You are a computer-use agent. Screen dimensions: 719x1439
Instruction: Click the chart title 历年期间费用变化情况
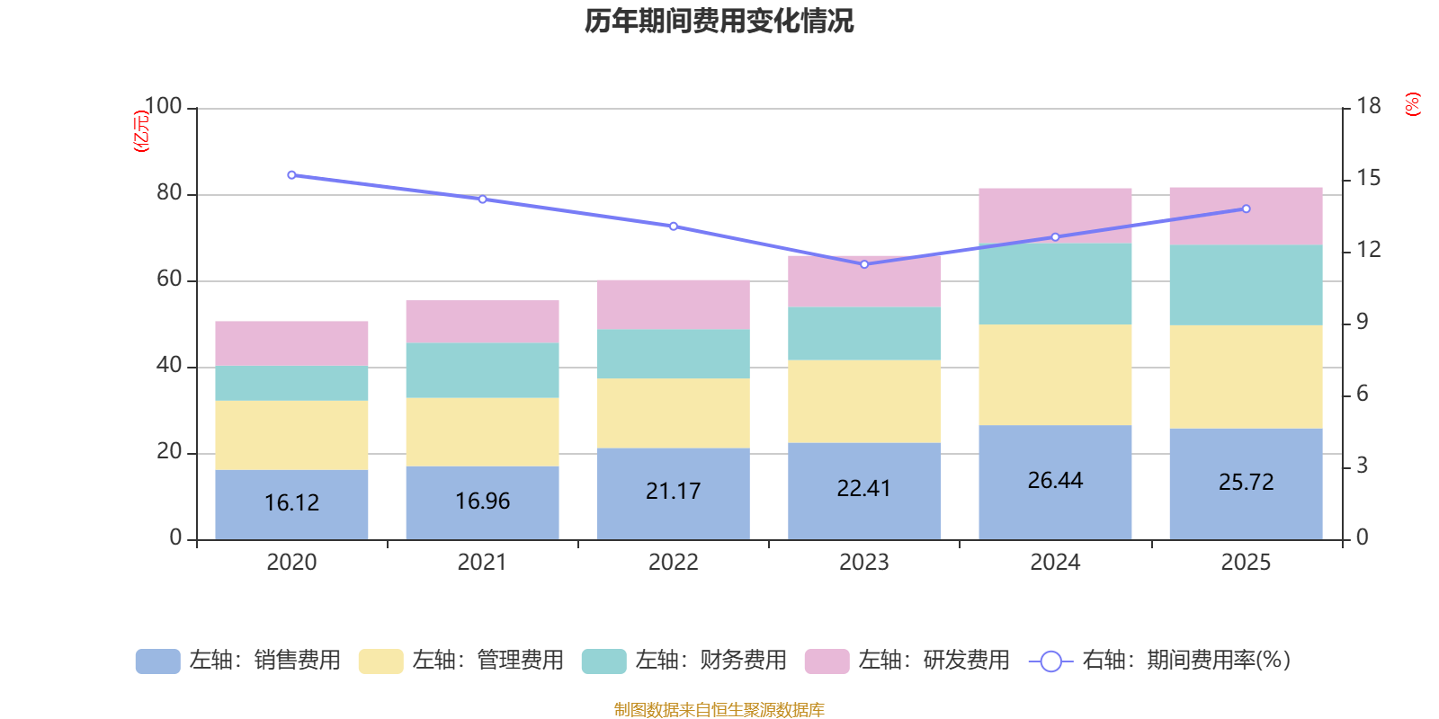click(719, 21)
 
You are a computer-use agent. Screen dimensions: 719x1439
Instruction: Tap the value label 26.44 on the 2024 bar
click(1055, 481)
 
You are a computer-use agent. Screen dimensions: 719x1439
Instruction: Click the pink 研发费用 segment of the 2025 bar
click(1246, 216)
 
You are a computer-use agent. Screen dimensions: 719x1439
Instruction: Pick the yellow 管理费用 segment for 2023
click(864, 401)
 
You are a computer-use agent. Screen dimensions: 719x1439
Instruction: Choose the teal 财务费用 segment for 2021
click(482, 370)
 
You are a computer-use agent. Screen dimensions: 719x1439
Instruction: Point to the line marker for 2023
click(864, 264)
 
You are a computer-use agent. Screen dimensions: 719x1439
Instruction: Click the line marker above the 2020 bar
click(291, 175)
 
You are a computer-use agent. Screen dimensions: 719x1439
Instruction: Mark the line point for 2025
click(1246, 209)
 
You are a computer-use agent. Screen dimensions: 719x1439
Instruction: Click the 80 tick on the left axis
click(169, 193)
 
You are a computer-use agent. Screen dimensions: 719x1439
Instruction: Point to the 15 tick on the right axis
click(1368, 178)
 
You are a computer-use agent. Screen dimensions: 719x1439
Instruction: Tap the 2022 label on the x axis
click(673, 563)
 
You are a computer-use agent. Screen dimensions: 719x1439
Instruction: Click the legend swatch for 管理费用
click(380, 661)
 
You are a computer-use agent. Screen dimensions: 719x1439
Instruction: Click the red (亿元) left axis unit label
click(141, 131)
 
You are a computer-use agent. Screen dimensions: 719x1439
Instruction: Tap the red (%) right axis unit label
click(1413, 104)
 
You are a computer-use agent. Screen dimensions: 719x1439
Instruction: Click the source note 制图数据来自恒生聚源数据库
click(719, 710)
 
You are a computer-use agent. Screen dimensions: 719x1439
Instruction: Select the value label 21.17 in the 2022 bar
click(673, 492)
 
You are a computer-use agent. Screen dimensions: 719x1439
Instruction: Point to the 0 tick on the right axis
click(1362, 537)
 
